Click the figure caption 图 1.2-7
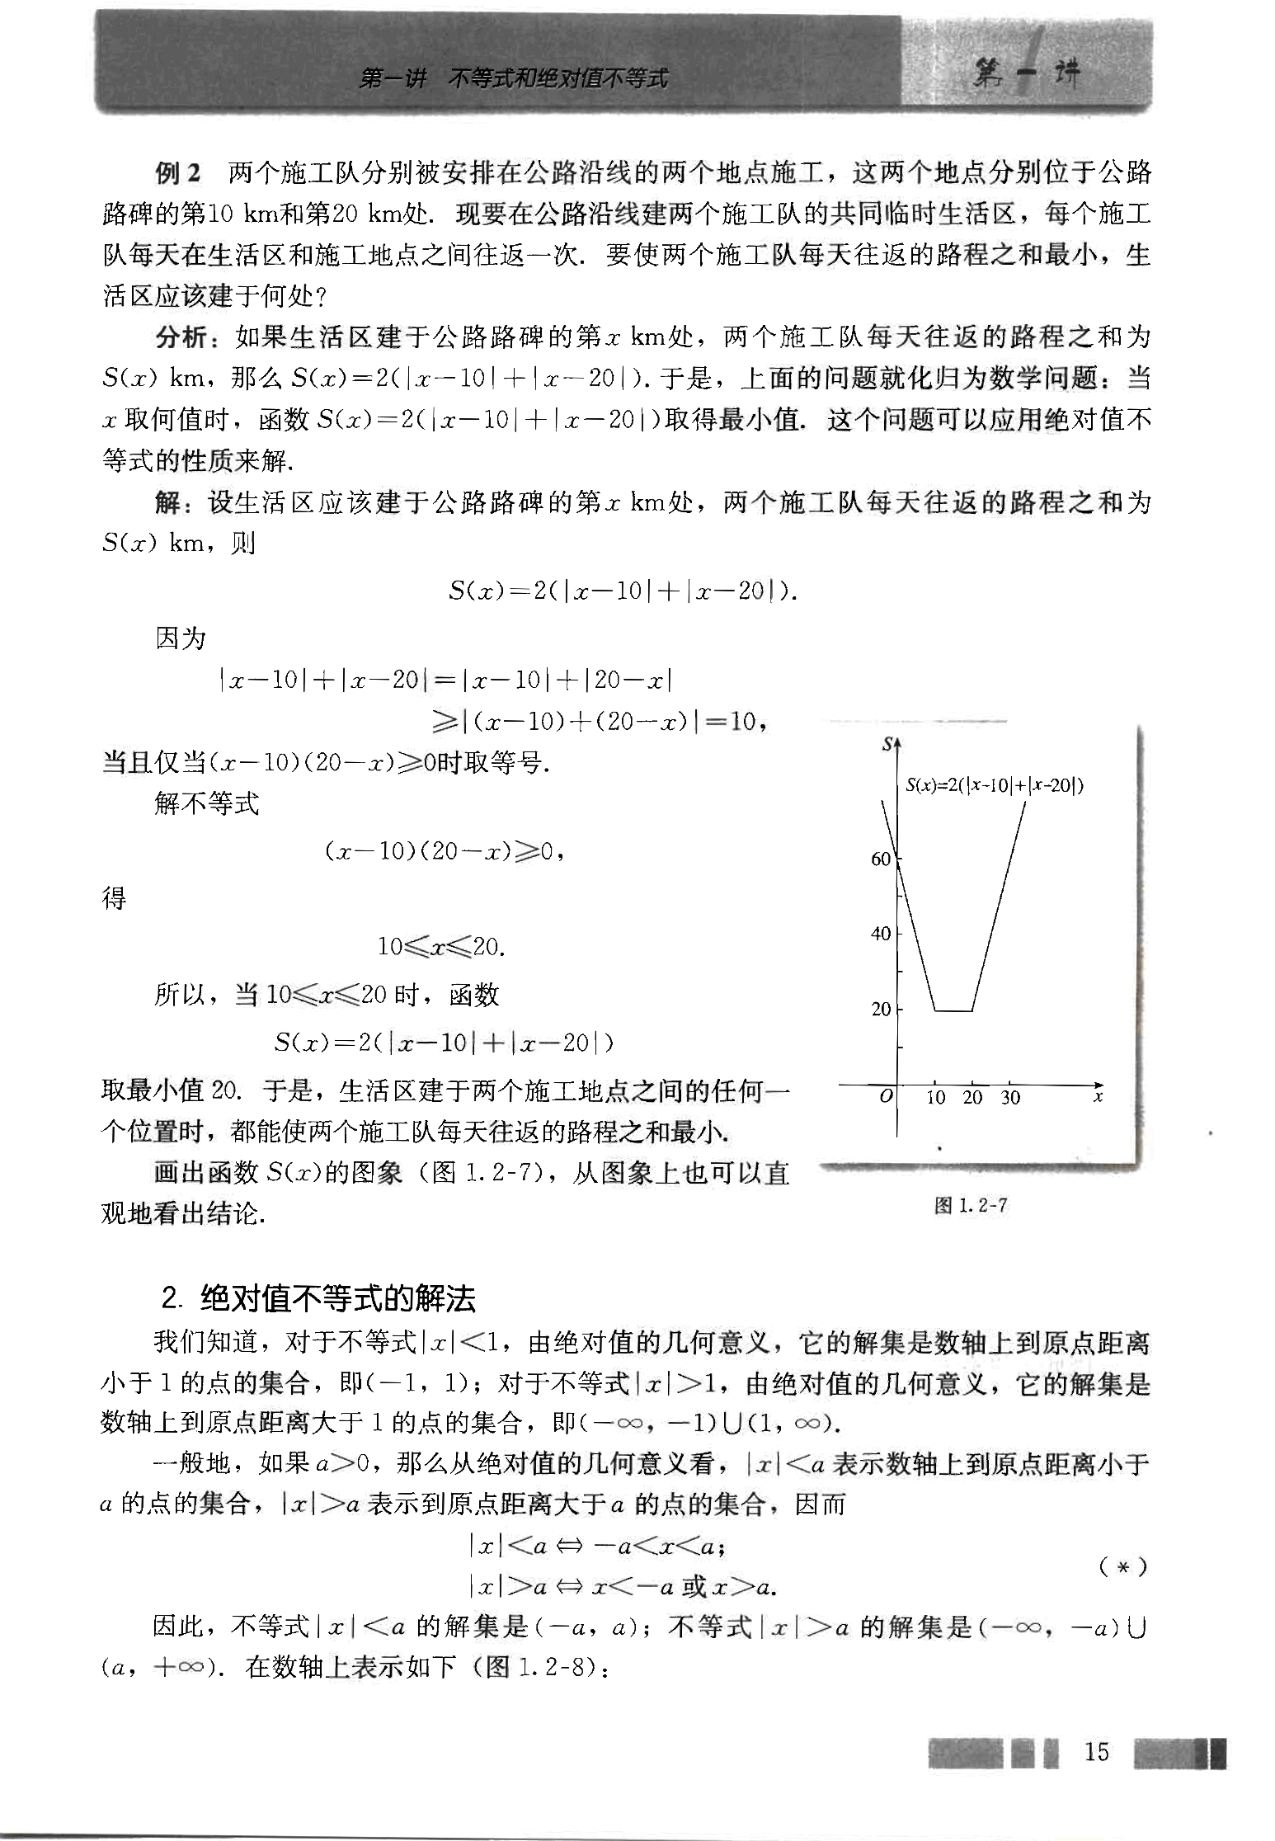pyautogui.click(x=971, y=1205)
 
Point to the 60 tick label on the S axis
pyautogui.click(x=880, y=859)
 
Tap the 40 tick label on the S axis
pyautogui.click(x=880, y=934)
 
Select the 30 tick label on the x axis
pyautogui.click(x=1010, y=1098)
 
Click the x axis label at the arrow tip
pyautogui.click(x=1098, y=1097)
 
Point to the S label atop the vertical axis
pyautogui.click(x=887, y=743)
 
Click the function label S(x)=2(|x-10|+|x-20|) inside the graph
pyautogui.click(x=994, y=785)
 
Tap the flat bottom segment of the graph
pyautogui.click(x=953, y=1010)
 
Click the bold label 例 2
pyautogui.click(x=177, y=173)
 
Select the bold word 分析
pyautogui.click(x=180, y=337)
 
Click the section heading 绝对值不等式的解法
pyautogui.click(x=338, y=1300)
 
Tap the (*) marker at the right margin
pyautogui.click(x=1123, y=1566)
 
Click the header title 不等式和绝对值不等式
pyautogui.click(x=558, y=79)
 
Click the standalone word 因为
pyautogui.click(x=180, y=638)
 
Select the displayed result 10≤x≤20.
pyautogui.click(x=440, y=946)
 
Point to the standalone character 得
pyautogui.click(x=114, y=897)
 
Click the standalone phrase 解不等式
pyautogui.click(x=206, y=803)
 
